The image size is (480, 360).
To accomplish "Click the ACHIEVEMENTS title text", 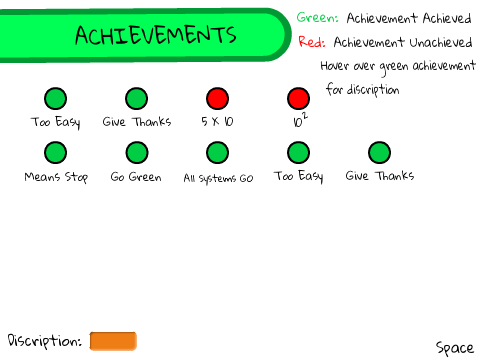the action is click(156, 35).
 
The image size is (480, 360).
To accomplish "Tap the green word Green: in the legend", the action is click(317, 17).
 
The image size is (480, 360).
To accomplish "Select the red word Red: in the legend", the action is click(312, 42).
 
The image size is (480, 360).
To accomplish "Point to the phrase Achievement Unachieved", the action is click(403, 42).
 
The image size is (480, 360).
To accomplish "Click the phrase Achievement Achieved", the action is click(409, 18).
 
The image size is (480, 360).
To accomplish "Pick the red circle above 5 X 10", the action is click(217, 98).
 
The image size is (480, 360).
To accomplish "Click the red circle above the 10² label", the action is click(298, 98).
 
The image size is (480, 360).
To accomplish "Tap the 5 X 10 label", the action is click(217, 121).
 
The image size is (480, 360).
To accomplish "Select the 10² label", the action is click(300, 120).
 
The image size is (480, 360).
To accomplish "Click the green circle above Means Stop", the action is click(55, 153).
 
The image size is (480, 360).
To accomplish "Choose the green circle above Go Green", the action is click(137, 153).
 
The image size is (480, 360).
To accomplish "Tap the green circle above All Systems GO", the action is click(217, 153).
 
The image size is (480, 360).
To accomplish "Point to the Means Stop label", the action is click(56, 177).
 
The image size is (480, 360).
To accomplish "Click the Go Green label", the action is click(136, 177).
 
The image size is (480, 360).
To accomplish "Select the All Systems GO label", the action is click(218, 178).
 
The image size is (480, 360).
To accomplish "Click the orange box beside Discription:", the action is click(113, 341).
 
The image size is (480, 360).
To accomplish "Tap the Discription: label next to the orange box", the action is click(45, 341).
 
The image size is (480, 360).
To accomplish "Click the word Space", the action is click(455, 348).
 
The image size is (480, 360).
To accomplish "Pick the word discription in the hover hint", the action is click(373, 90).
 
